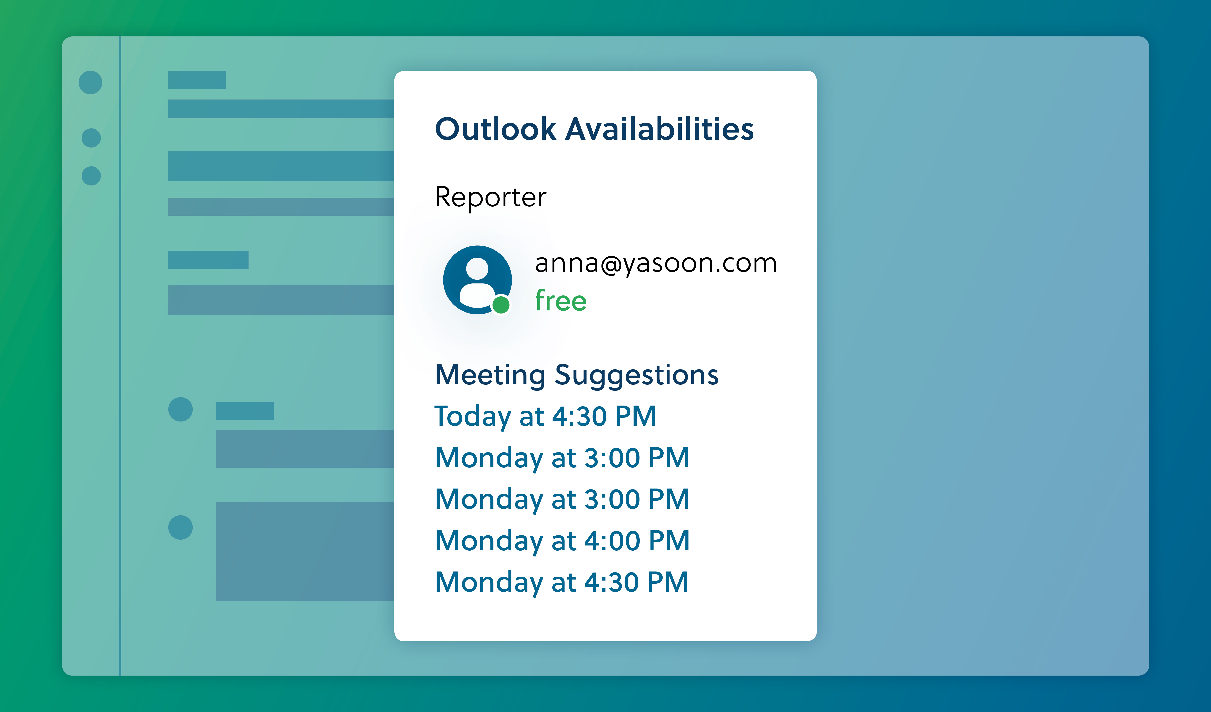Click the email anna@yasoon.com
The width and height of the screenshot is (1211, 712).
[656, 264]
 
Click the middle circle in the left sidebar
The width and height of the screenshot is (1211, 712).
[91, 138]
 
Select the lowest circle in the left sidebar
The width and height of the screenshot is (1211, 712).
[91, 176]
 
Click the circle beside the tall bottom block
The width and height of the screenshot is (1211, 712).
[181, 527]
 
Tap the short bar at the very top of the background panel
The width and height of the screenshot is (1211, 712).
[197, 80]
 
